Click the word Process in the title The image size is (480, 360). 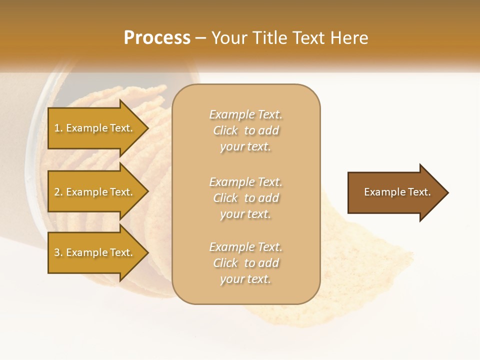click(x=157, y=38)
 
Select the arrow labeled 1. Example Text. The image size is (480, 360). click(x=95, y=128)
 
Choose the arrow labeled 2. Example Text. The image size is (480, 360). click(x=95, y=192)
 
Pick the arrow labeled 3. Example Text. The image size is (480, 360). click(x=95, y=252)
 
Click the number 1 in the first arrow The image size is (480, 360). click(x=57, y=128)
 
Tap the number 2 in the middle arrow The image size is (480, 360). click(x=57, y=192)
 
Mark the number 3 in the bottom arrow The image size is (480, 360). click(x=57, y=253)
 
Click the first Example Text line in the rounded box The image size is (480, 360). click(x=245, y=115)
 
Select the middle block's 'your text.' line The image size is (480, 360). click(x=245, y=214)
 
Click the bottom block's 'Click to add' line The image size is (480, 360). click(x=245, y=263)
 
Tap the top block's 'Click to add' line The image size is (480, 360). click(x=245, y=131)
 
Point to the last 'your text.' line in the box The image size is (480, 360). click(x=245, y=279)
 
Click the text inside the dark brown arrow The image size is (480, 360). click(x=397, y=192)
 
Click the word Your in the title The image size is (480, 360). click(x=229, y=38)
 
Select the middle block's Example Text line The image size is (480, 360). click(x=245, y=182)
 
